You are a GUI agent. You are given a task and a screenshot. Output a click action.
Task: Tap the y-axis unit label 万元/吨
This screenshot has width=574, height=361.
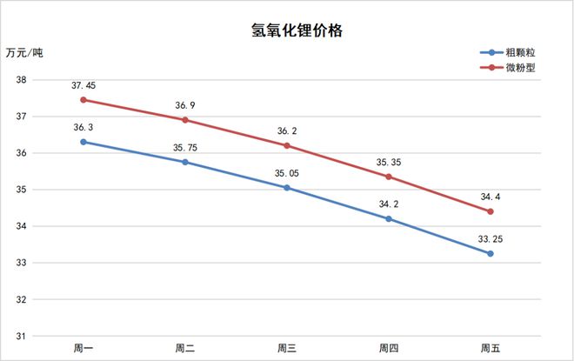point(23,54)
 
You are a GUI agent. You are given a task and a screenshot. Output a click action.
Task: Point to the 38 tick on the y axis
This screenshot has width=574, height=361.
point(22,80)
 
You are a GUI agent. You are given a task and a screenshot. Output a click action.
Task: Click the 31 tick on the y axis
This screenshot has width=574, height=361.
point(22,336)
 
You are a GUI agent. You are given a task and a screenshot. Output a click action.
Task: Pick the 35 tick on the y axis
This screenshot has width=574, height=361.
point(22,190)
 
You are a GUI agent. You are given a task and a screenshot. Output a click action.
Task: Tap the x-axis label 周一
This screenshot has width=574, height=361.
point(83,349)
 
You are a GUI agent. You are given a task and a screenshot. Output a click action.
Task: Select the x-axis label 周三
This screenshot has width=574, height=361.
point(287,349)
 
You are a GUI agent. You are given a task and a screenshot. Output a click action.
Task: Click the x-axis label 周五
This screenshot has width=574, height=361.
point(491,349)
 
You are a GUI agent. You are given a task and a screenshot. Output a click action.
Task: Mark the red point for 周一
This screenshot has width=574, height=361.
point(83,100)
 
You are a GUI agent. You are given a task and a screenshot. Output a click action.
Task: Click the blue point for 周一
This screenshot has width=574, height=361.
point(83,142)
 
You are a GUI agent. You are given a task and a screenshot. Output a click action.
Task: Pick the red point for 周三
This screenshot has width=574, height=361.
point(287,145)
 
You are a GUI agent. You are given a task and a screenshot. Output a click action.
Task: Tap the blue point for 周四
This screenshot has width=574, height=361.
point(389,218)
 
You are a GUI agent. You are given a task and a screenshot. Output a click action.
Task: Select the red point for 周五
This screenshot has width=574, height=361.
point(491,211)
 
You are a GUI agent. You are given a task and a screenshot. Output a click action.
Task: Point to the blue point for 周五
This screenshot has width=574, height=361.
point(491,253)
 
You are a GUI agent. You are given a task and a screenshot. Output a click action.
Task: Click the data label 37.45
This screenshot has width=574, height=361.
point(83,85)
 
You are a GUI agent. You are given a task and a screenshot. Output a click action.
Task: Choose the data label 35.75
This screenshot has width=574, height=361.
point(185,148)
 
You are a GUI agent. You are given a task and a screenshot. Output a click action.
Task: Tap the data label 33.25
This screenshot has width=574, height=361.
point(491,238)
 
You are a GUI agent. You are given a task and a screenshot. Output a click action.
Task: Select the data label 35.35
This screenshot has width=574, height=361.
point(389,162)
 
